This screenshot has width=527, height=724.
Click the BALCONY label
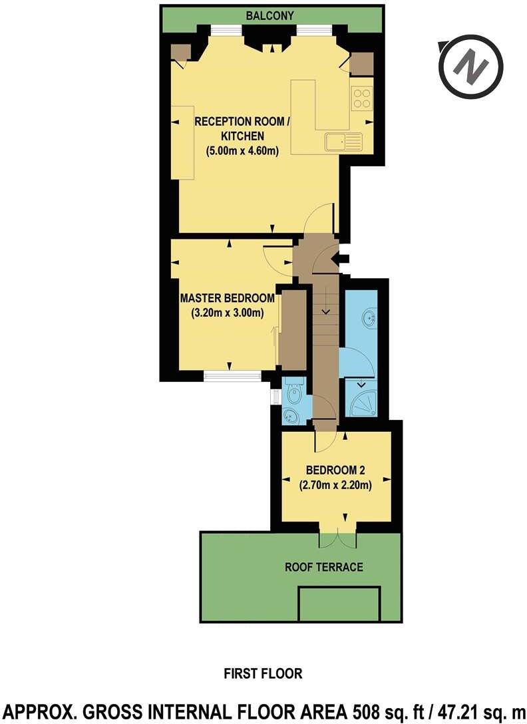[269, 15]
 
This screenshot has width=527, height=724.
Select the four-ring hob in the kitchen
[363, 98]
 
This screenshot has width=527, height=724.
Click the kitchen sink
[343, 141]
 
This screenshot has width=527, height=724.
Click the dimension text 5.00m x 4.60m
[242, 150]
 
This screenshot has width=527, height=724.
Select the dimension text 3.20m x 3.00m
[228, 312]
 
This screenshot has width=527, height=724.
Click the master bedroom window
[232, 377]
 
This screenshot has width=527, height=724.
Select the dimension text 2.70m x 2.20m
[335, 484]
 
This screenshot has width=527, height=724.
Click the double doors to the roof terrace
[338, 539]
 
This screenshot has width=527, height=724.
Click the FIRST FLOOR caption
[263, 674]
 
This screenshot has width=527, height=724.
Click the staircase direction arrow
[326, 310]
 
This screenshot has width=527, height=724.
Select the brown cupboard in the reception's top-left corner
[180, 52]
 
